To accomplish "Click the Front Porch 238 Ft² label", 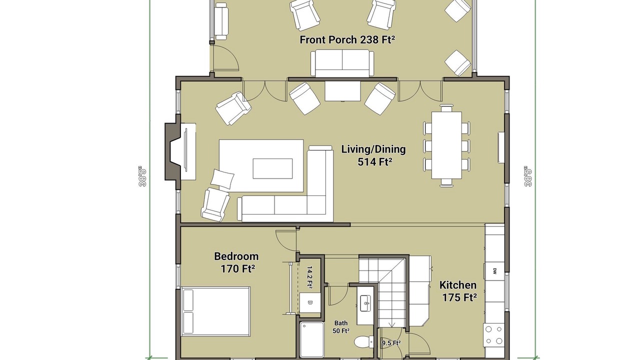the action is (347, 39).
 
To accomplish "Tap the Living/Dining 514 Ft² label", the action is (373, 155).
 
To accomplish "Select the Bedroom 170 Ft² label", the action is (236, 262).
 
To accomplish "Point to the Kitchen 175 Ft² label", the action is (458, 291).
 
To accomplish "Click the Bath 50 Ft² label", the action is (341, 327).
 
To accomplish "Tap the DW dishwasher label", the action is (494, 271).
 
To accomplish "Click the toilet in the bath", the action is (364, 341).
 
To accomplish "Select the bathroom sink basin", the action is (365, 303).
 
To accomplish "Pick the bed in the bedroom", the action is (216, 311).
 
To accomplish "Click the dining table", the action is (446, 145).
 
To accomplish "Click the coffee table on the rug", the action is (272, 168).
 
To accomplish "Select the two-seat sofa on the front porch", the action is (342, 63).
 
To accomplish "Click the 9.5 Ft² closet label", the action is (391, 343).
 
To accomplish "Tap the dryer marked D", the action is (310, 303).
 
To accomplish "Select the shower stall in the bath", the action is (311, 340).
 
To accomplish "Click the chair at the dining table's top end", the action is (446, 108).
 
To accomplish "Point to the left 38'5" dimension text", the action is (142, 176).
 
